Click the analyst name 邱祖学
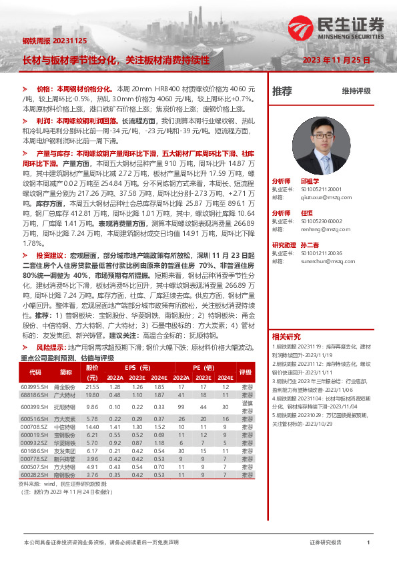310,181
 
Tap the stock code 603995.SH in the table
33,387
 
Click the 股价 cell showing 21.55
92,387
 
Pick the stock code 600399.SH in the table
33,406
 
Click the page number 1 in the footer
368,543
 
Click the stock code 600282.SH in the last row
33,475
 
